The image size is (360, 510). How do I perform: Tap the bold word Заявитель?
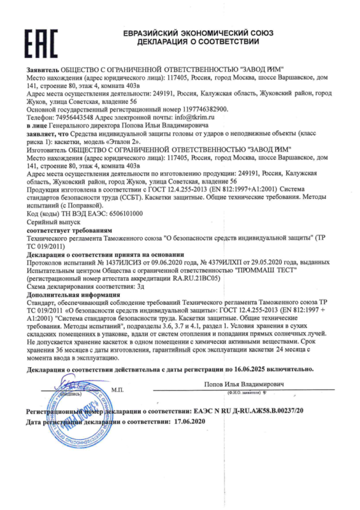(x=43, y=68)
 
